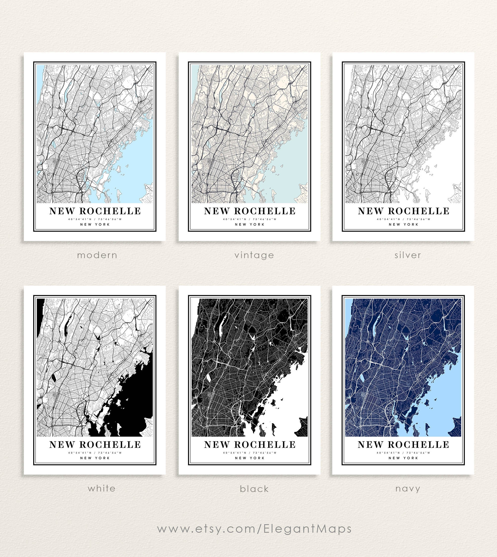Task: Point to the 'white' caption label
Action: [102, 488]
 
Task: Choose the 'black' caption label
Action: [254, 489]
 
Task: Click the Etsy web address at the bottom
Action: [254, 529]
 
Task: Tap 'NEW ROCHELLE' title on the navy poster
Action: [403, 445]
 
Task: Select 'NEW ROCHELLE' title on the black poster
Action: [249, 445]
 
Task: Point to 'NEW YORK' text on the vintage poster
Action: [249, 224]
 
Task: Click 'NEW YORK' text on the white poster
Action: [95, 458]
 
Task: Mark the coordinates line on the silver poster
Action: [403, 219]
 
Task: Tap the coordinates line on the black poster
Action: [249, 453]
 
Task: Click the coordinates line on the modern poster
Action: [95, 219]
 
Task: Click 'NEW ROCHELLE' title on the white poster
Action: [95, 445]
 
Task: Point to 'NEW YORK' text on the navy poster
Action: [403, 458]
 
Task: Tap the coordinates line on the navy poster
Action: [403, 453]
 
